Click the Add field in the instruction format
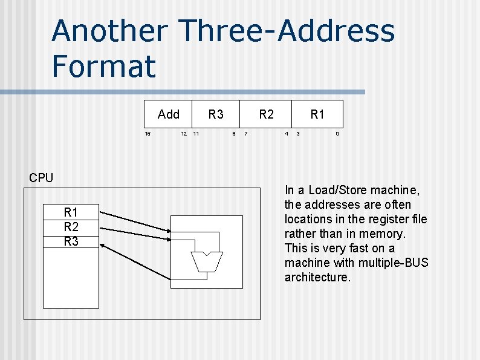pos(168,114)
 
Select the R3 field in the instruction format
pos(216,114)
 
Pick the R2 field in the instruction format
pos(267,114)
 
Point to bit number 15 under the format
pos(148,134)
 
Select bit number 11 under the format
pos(196,134)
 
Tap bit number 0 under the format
pos(337,134)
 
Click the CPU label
pos(41,178)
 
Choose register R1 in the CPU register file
pos(71,212)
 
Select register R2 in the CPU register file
pos(71,227)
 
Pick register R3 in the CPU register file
pos(71,241)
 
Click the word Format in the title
pos(103,66)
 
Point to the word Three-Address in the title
pos(288,31)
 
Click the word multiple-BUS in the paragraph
pos(394,263)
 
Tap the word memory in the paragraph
pos(386,234)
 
